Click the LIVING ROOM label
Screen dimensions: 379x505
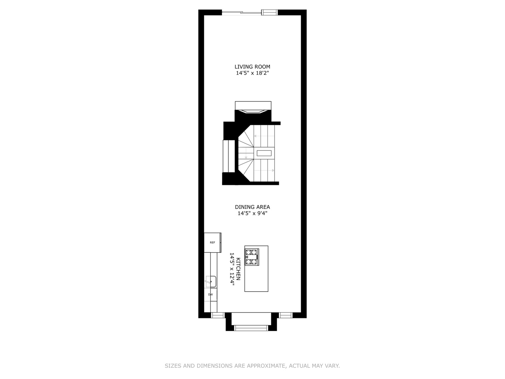[x=252, y=67]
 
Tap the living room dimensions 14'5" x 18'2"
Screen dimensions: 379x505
[x=252, y=73]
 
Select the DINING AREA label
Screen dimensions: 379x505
[x=252, y=207]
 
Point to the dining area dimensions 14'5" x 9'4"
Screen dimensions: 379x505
[x=252, y=213]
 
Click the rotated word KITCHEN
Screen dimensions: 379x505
[x=238, y=269]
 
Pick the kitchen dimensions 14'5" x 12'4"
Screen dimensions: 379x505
[x=232, y=269]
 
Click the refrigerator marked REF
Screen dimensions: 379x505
[x=213, y=242]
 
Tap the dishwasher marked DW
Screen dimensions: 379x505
[x=211, y=294]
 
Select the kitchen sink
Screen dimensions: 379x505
[x=211, y=281]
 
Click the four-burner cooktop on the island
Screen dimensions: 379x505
[x=252, y=257]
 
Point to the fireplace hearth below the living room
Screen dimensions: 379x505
[x=253, y=106]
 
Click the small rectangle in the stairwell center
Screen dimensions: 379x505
[x=264, y=153]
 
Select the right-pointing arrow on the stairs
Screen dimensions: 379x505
[x=272, y=171]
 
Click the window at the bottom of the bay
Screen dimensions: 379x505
[x=251, y=328]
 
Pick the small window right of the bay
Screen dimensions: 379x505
[x=286, y=315]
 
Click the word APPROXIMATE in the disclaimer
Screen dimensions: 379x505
[x=267, y=366]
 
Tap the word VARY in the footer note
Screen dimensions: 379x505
[x=332, y=366]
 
